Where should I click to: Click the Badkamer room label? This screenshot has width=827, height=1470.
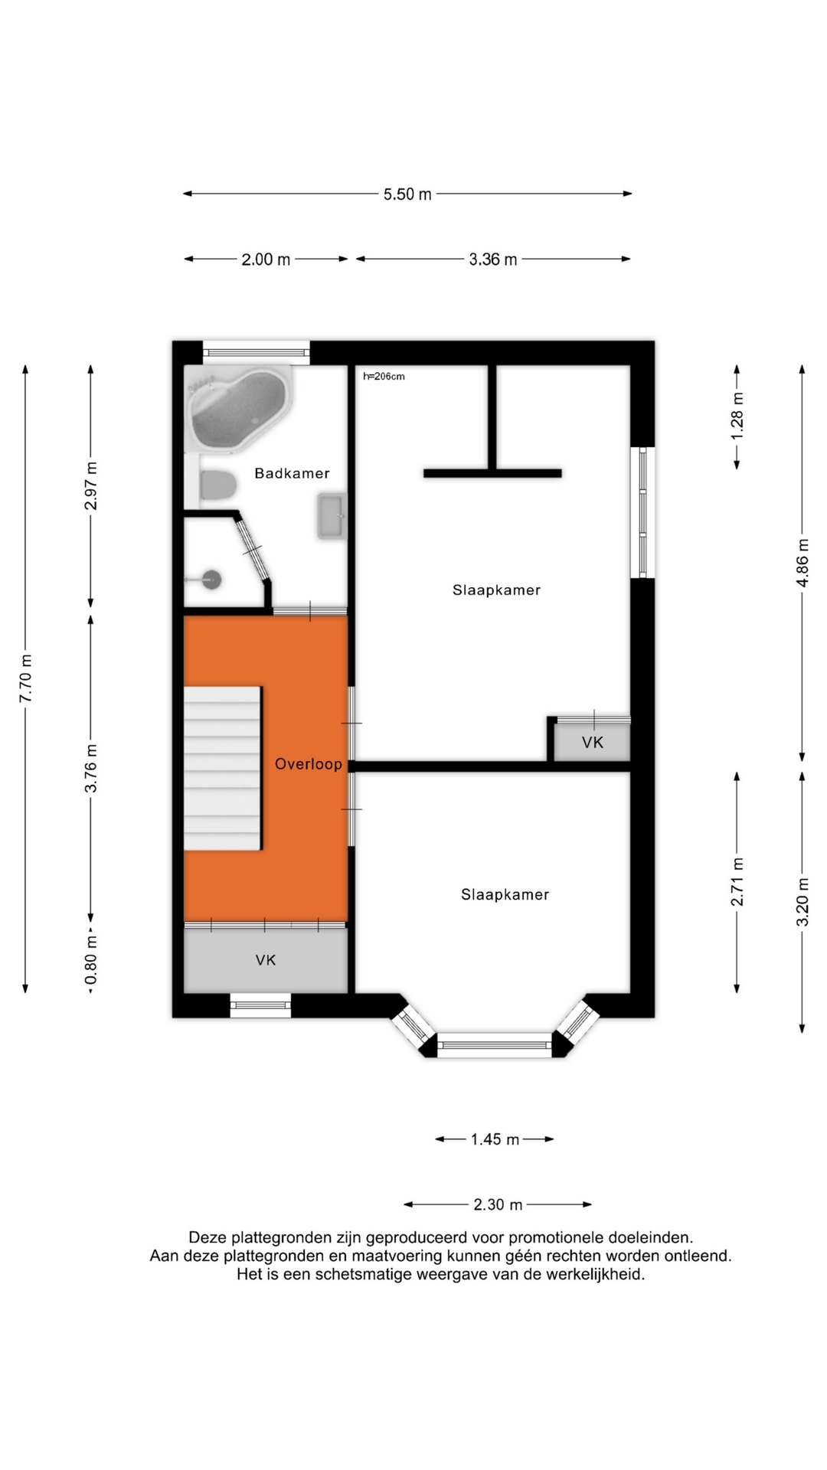tap(292, 473)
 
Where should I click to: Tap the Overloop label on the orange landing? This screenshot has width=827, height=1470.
tap(309, 763)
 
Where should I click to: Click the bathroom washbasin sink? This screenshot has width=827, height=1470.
tap(332, 516)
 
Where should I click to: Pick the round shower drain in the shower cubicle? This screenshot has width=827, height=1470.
tap(212, 580)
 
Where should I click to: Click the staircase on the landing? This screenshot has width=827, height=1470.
tap(223, 768)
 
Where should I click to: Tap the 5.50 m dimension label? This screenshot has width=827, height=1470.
tap(407, 194)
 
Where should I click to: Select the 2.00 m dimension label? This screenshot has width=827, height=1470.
tap(266, 260)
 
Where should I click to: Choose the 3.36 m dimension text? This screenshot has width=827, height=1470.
tap(493, 260)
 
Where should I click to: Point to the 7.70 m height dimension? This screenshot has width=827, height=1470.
tap(26, 678)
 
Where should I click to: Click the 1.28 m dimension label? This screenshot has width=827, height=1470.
tap(737, 416)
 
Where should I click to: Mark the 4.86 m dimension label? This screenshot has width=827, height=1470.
tap(802, 563)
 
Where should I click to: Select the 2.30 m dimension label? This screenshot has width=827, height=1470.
tap(498, 1205)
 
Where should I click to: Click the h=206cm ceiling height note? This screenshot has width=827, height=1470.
tap(384, 376)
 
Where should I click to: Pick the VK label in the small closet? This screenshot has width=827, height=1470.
tap(593, 742)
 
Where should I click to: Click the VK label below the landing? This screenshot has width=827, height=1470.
tap(266, 960)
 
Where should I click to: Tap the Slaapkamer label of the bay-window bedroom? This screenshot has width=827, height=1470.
tap(505, 894)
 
